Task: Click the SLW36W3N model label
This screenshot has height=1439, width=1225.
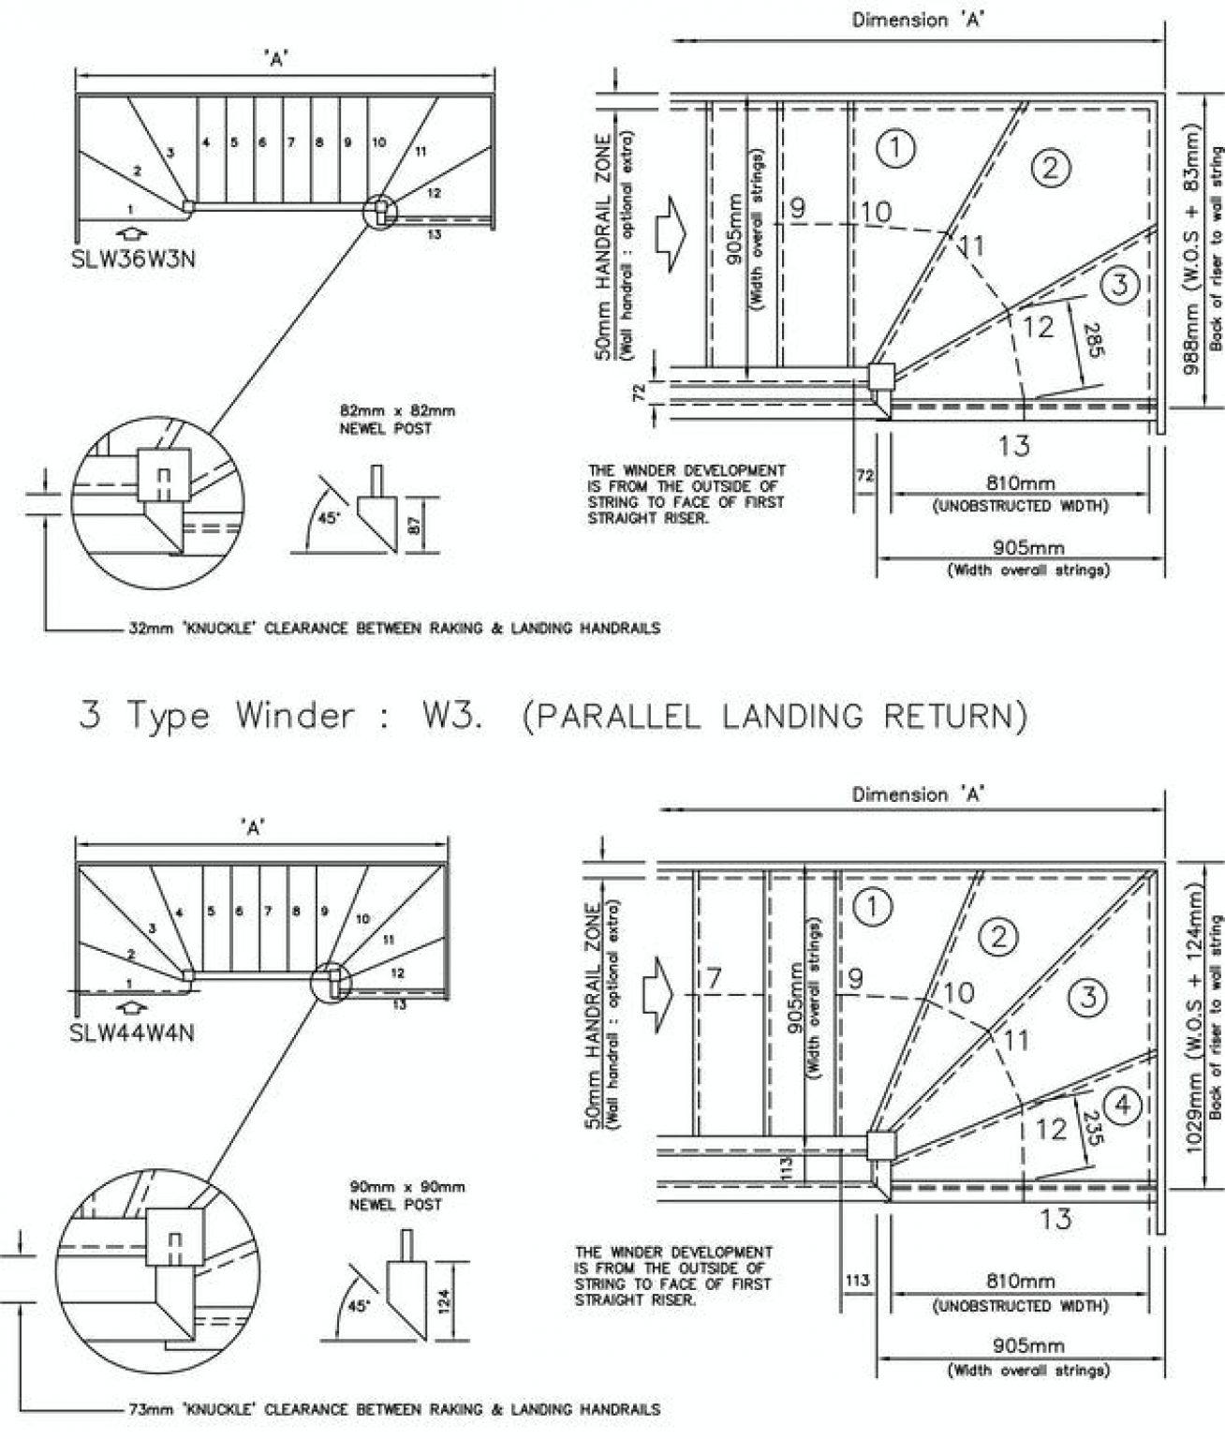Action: pos(134,260)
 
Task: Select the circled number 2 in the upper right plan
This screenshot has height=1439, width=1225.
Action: pos(1050,168)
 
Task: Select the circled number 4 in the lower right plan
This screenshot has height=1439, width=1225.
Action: pos(1122,1106)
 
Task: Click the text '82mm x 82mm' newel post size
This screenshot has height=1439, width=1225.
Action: pos(397,409)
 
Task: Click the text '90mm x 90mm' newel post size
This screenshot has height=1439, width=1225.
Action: pos(406,1187)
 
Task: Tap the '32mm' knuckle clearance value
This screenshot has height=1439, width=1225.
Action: pos(147,628)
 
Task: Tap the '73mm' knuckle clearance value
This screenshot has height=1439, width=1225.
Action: pos(147,1409)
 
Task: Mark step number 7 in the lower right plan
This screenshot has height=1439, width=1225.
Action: pos(714,979)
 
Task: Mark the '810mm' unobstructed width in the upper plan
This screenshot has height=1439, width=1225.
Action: pos(1020,484)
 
